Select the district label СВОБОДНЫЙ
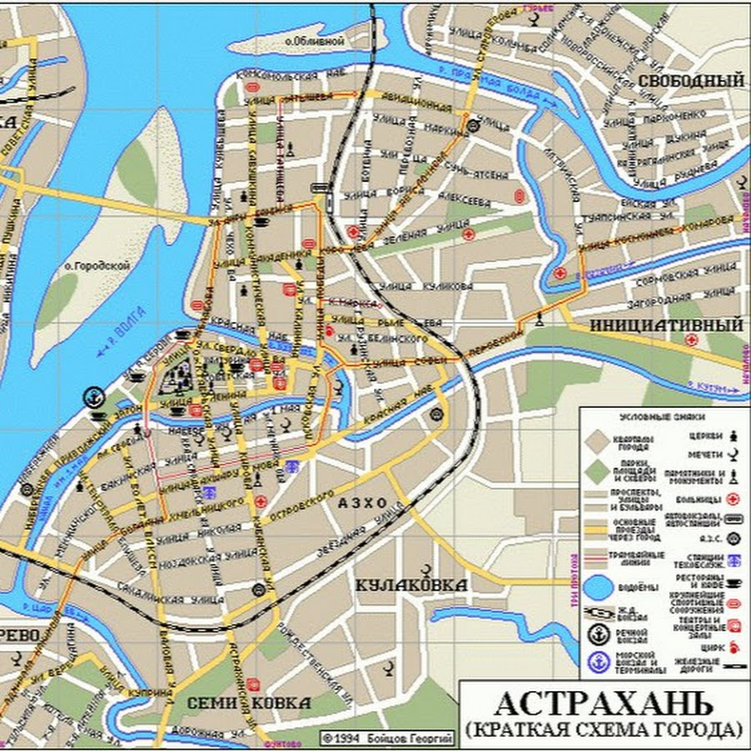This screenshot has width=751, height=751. click(x=691, y=80)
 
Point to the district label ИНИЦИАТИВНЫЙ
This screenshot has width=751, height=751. click(x=668, y=323)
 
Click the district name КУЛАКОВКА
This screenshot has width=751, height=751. click(x=411, y=585)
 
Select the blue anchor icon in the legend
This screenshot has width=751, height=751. click(x=598, y=662)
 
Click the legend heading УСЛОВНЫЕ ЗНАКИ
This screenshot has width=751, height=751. click(x=663, y=416)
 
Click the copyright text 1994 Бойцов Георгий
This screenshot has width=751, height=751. click(x=388, y=738)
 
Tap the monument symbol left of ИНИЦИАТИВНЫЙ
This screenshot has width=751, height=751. click(x=540, y=317)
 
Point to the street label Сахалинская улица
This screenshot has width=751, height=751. click(x=188, y=598)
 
